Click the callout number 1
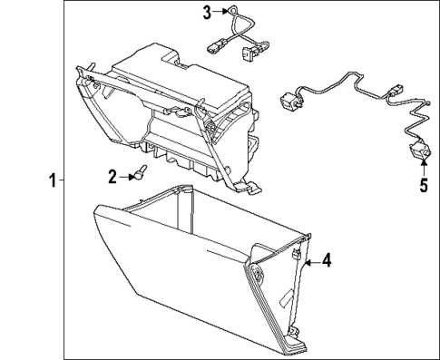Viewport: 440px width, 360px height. (52, 180)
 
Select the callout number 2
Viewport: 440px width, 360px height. (112, 176)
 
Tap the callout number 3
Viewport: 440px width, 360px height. (206, 12)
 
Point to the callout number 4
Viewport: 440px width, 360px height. (328, 261)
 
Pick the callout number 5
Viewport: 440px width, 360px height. (422, 188)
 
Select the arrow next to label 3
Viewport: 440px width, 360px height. (219, 12)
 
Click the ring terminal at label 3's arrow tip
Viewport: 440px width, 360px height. (230, 12)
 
